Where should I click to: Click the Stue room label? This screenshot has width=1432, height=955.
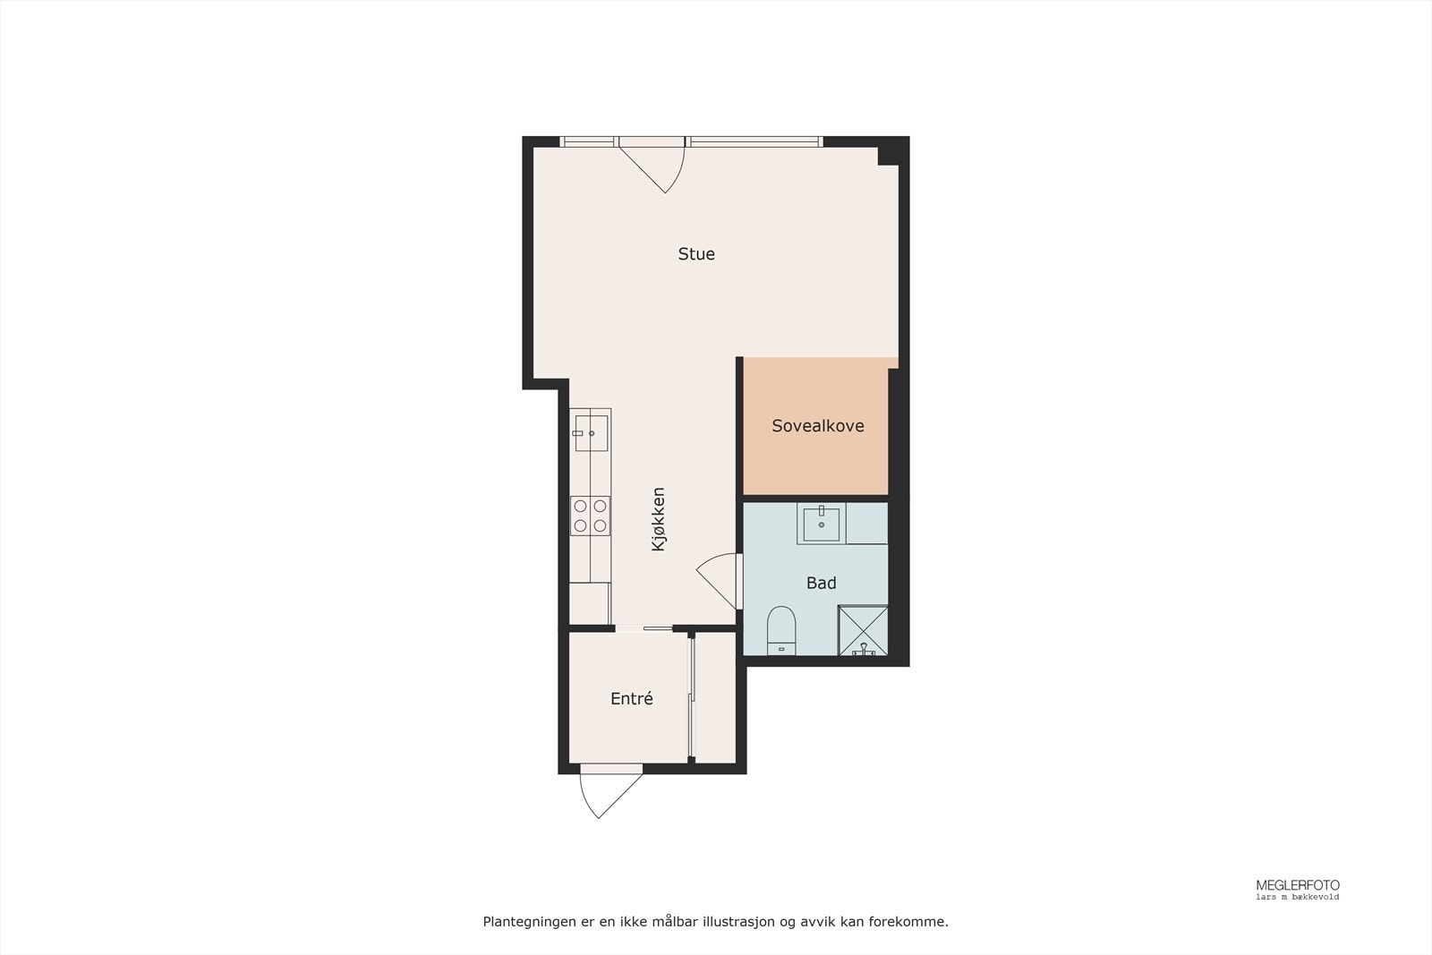tap(696, 254)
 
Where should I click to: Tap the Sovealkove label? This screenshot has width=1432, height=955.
tap(818, 426)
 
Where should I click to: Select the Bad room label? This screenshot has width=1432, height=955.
tap(821, 584)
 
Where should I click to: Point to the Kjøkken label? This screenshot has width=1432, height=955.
tap(659, 518)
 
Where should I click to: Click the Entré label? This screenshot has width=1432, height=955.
tap(632, 699)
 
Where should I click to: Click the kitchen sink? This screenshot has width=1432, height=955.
tap(591, 432)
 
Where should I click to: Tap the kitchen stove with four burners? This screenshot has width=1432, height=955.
tap(591, 516)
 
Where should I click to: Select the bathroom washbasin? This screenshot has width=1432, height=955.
tap(822, 524)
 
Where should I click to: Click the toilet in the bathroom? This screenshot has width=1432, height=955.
tap(781, 629)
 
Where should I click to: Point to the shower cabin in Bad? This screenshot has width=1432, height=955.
tap(863, 630)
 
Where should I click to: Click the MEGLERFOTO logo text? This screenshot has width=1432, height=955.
tap(1297, 885)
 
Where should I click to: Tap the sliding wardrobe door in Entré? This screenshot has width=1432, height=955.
tap(691, 698)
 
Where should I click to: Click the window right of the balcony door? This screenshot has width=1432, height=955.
tap(754, 141)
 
